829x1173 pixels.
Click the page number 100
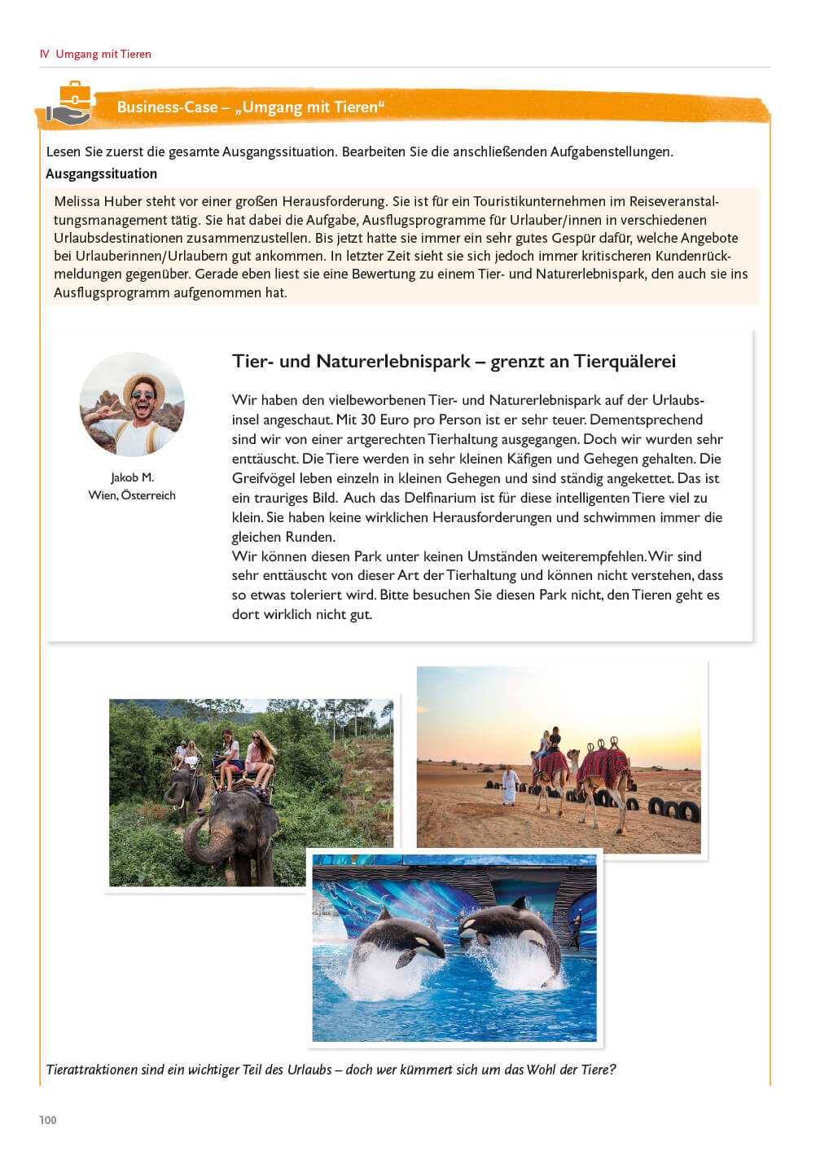point(48,1120)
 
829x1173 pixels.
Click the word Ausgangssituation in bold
point(101,174)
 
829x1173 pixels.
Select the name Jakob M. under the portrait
point(132,477)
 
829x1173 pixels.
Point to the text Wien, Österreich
point(132,495)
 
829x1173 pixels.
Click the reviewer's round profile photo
point(132,404)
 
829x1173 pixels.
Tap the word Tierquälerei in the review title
point(624,361)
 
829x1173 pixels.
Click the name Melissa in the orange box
point(77,201)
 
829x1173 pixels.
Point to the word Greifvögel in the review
point(264,478)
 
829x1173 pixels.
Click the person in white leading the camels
point(510,784)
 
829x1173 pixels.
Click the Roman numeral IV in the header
point(45,54)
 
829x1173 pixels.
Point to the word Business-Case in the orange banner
point(167,107)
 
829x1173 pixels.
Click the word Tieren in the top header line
point(135,54)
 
